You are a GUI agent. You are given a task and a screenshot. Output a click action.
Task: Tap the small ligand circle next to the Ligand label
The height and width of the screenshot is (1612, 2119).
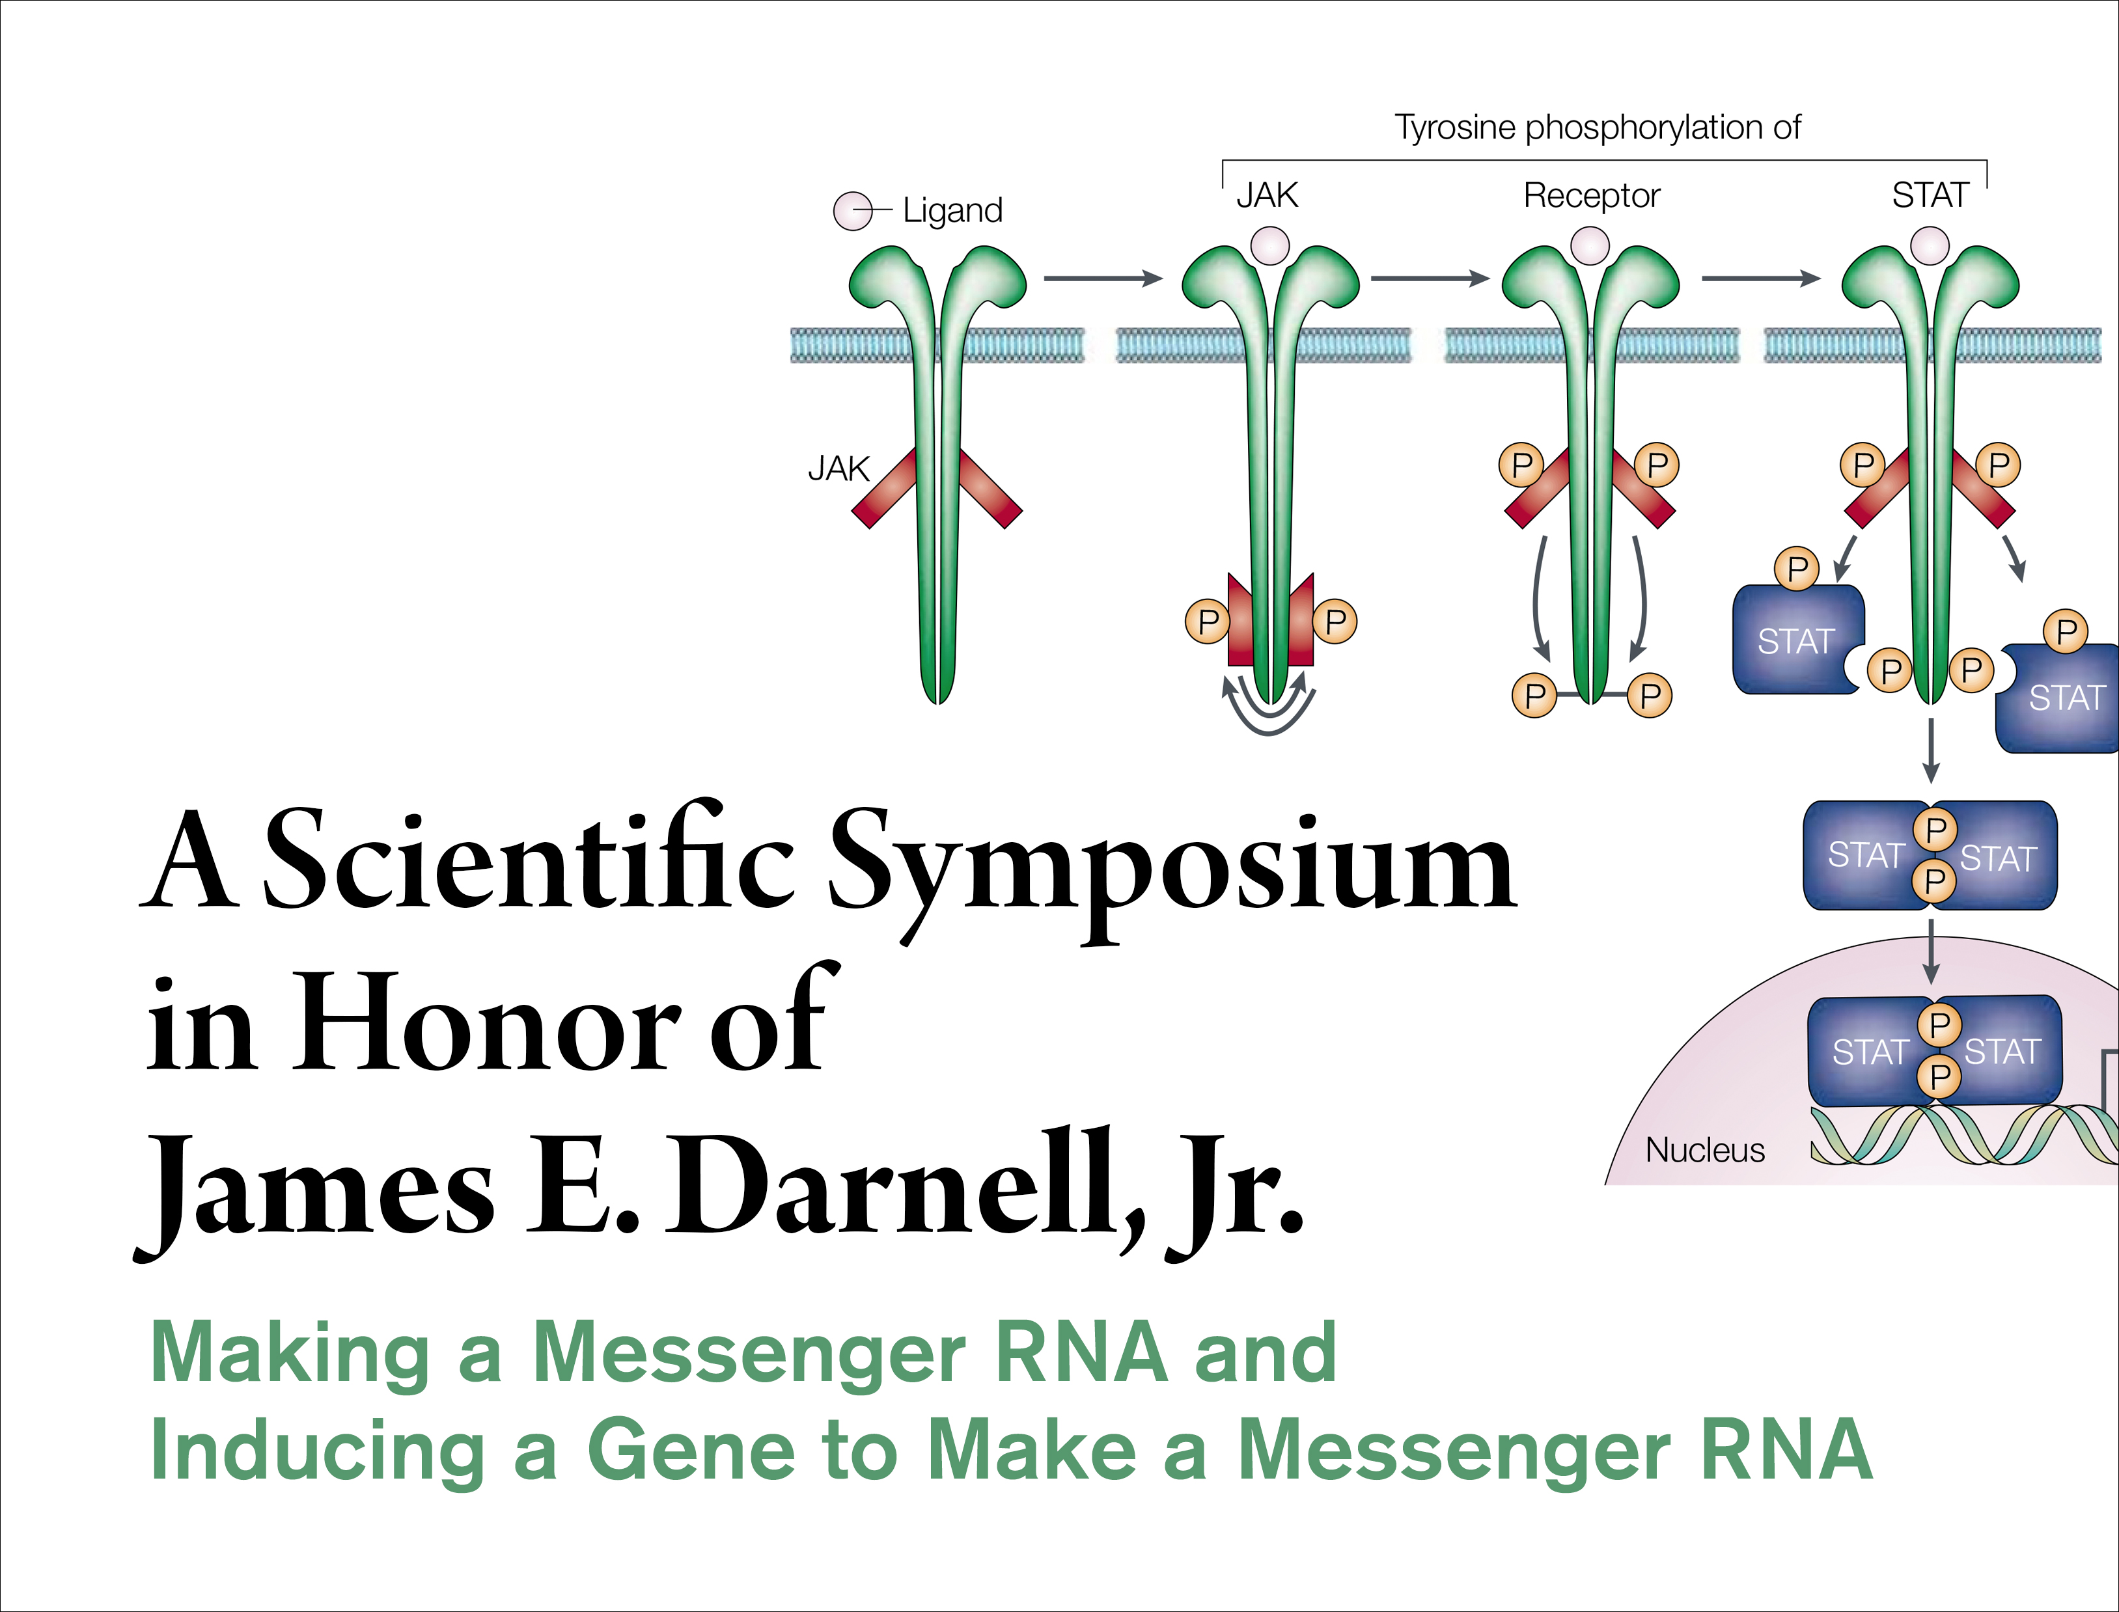point(852,211)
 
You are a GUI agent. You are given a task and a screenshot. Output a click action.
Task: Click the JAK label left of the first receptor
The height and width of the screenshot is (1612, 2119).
point(838,469)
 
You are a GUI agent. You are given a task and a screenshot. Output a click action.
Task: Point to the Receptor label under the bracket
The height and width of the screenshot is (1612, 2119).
point(1591,196)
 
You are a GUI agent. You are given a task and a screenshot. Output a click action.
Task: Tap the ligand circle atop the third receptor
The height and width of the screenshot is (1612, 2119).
point(1589,245)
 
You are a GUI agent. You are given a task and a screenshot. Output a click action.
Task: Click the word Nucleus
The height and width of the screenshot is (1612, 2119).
point(1704,1149)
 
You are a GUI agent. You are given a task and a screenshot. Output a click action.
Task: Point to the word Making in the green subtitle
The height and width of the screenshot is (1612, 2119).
point(290,1353)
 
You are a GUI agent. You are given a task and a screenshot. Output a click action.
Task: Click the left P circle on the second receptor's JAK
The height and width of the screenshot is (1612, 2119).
point(1208,622)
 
